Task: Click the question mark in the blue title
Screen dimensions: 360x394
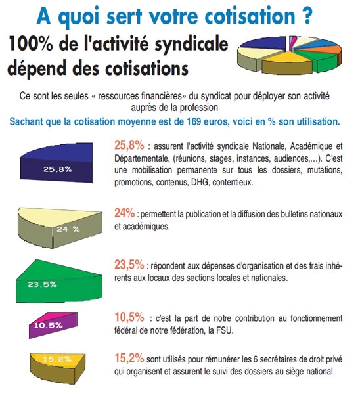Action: [307, 16]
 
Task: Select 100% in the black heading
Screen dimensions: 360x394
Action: [30, 43]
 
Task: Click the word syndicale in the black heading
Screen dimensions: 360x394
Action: [191, 45]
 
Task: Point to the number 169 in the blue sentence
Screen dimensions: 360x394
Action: [194, 121]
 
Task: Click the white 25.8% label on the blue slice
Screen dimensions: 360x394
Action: [58, 169]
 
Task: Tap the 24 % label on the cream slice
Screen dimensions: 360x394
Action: [68, 229]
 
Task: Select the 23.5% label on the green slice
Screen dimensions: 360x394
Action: [42, 284]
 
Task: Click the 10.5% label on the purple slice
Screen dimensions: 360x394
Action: [48, 326]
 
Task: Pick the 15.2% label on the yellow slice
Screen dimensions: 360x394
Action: [56, 359]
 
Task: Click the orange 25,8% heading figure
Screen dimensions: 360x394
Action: [129, 145]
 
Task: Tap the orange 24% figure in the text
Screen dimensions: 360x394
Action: [124, 213]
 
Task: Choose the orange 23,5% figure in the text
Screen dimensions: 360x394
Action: [129, 265]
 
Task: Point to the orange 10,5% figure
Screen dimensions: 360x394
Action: [129, 317]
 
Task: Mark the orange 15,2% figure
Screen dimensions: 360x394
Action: [129, 358]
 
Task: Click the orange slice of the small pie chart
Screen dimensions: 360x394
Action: [332, 50]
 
